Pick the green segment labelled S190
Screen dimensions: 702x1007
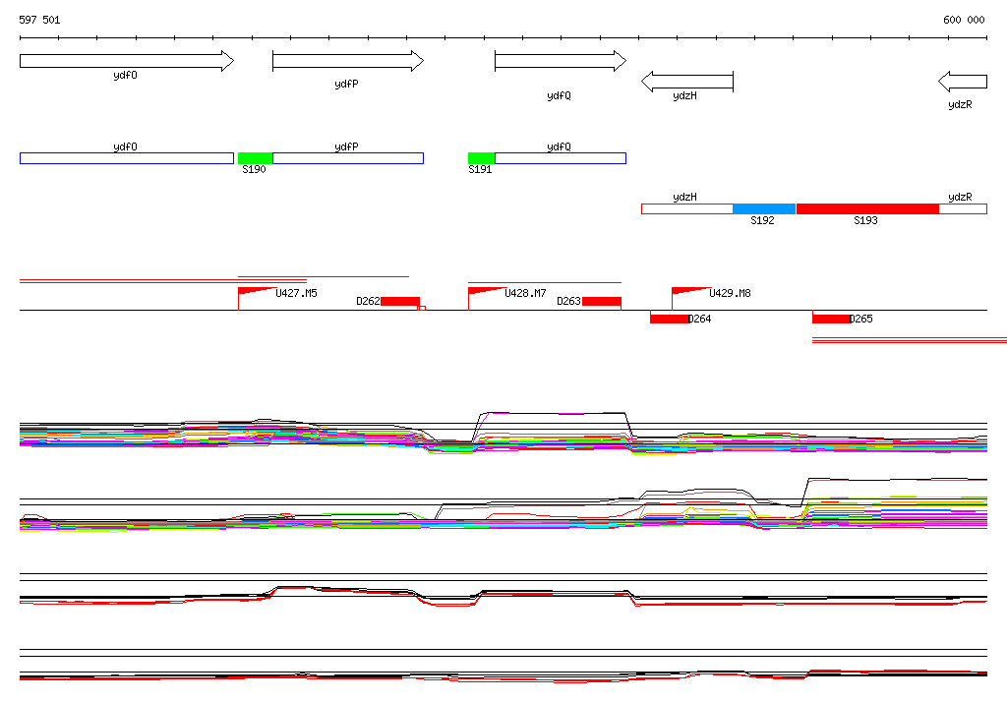coord(255,158)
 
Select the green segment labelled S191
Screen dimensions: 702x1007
coord(481,158)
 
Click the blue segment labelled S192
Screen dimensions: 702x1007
coord(764,208)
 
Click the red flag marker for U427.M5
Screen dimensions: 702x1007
coord(254,291)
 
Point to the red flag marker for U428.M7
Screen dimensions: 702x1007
coord(484,291)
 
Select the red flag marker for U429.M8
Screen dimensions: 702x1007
coord(688,291)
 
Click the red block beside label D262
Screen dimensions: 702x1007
coord(400,302)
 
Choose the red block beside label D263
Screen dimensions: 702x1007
coord(601,302)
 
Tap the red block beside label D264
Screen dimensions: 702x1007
coord(669,319)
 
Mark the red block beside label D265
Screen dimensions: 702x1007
coord(831,319)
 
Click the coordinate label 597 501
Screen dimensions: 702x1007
coord(39,20)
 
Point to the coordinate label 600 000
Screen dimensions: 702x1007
coord(964,20)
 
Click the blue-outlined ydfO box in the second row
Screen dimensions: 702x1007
coord(126,158)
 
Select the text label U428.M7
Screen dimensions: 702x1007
coord(525,293)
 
